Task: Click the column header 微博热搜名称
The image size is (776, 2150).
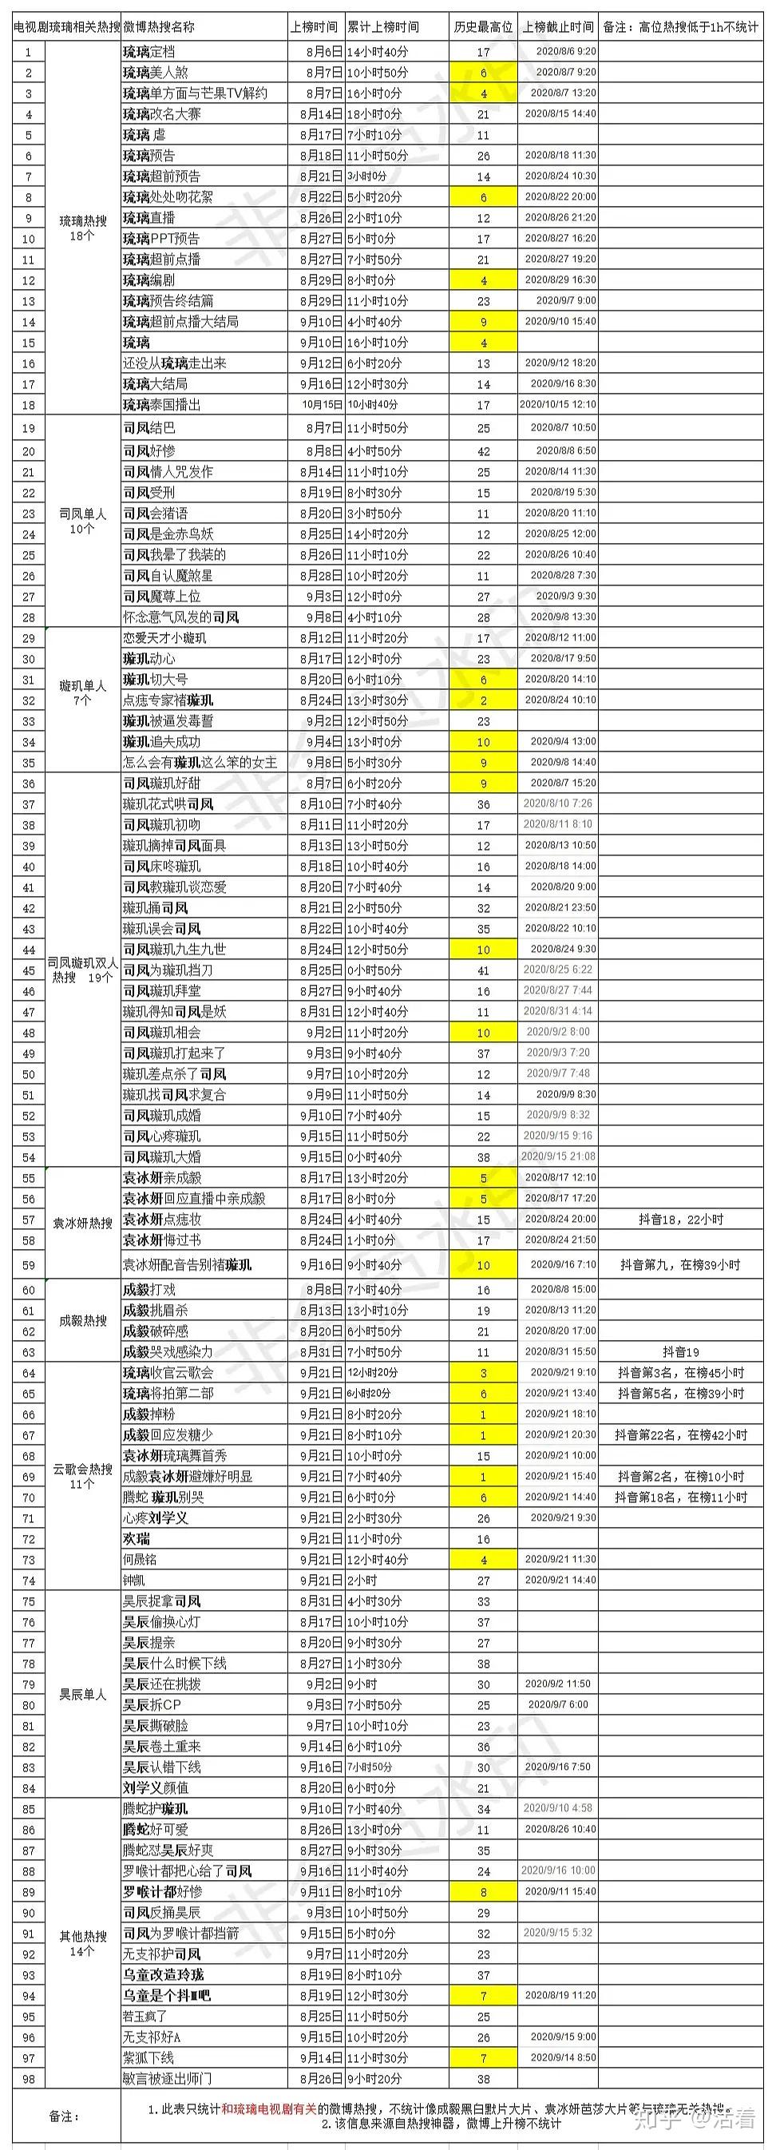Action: [159, 27]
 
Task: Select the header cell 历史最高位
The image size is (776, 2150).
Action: [483, 27]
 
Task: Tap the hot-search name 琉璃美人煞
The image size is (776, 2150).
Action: [156, 73]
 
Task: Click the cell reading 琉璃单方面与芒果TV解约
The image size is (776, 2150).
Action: [196, 93]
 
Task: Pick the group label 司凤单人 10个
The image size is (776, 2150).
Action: [82, 521]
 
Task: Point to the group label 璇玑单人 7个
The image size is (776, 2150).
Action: [82, 692]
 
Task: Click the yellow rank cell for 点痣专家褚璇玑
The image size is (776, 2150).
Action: [483, 700]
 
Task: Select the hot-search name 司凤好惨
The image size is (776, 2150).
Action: [149, 450]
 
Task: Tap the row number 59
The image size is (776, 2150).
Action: [29, 1265]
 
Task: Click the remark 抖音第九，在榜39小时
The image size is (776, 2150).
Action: [680, 1265]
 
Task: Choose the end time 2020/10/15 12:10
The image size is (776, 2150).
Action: [558, 405]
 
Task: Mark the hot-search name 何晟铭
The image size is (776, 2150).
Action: [141, 1559]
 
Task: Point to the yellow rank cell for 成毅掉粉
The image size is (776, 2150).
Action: [483, 1414]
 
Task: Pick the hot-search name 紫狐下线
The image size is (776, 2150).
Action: [148, 2057]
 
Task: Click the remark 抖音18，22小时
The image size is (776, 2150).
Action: [680, 1220]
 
